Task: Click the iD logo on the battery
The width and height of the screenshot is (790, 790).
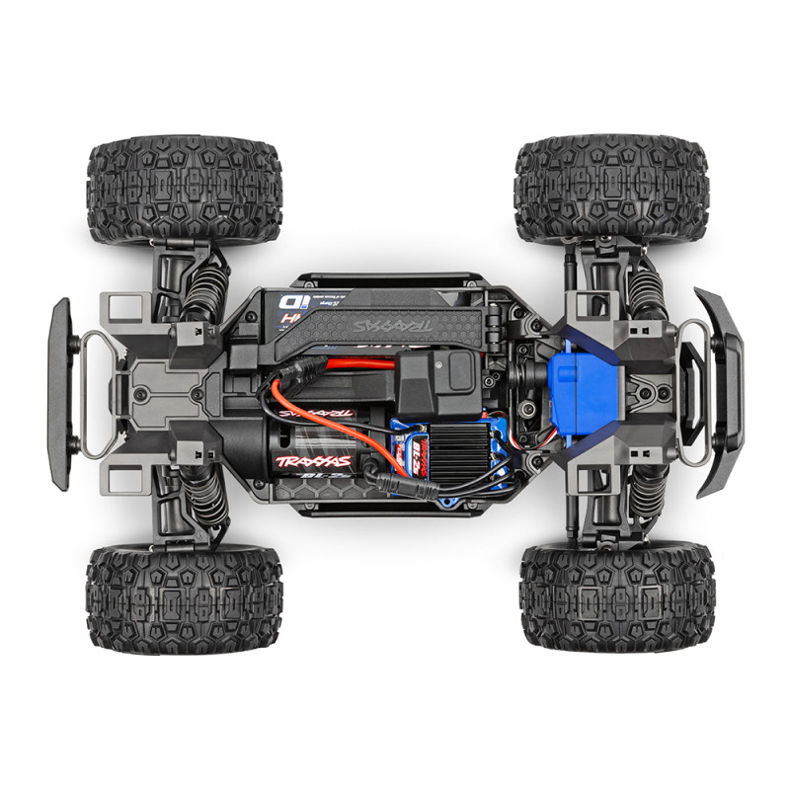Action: pos(290,301)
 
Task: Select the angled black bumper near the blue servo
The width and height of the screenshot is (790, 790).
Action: pos(718,392)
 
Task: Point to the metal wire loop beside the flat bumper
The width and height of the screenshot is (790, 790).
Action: pos(98,395)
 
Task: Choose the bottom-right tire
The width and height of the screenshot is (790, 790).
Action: pos(616,598)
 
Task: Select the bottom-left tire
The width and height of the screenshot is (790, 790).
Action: pos(184,596)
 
